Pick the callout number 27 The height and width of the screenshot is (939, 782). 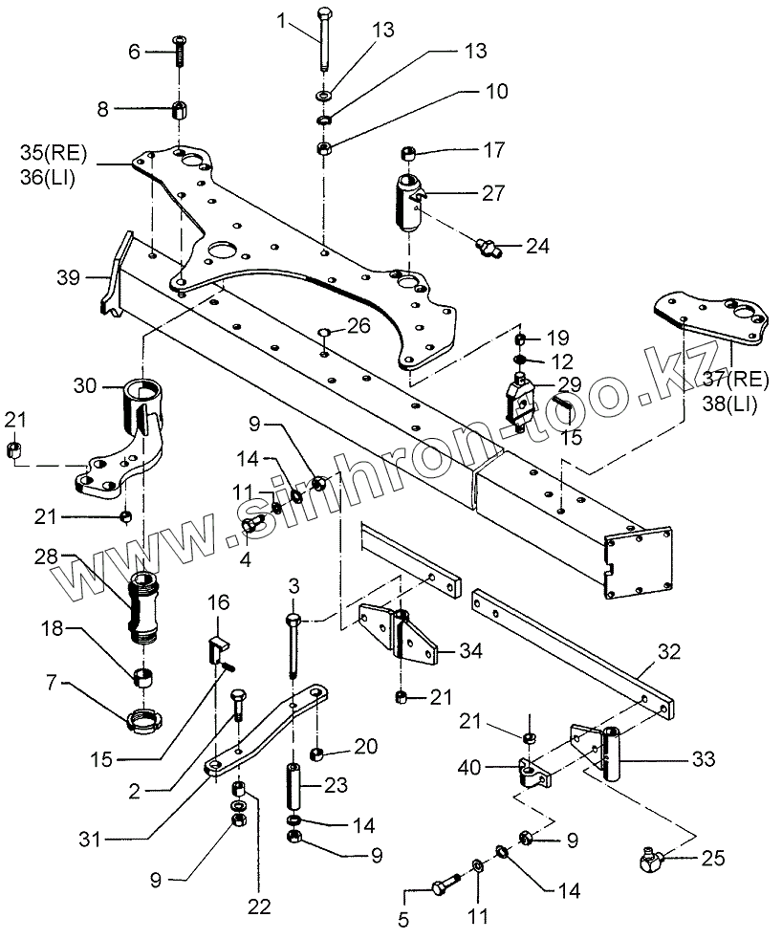(493, 192)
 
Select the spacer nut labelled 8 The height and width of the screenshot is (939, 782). (179, 108)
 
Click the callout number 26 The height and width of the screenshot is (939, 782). (358, 325)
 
